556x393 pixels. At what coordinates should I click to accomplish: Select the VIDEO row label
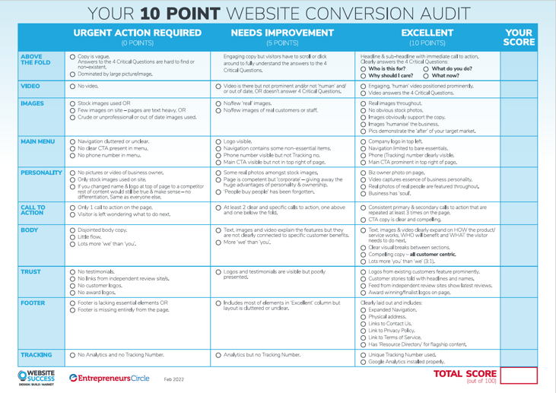[31, 87]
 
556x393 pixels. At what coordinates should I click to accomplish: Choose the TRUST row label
[31, 271]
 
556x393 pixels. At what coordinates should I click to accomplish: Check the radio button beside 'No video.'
[71, 87]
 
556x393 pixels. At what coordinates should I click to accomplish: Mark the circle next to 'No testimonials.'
[71, 271]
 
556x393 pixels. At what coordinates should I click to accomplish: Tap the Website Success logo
[31, 376]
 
